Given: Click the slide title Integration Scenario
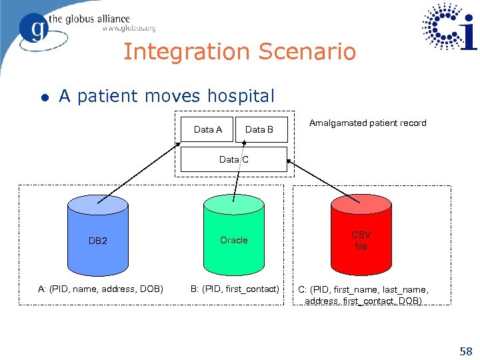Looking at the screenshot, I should point(239,52).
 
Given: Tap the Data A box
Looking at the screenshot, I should point(207,129).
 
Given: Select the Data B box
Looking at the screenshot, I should point(259,129).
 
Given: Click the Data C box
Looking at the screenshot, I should point(234,159).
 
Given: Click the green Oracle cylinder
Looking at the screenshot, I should point(233,237).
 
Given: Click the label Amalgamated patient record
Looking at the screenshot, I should point(368,123).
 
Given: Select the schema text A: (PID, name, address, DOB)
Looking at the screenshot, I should point(100,289).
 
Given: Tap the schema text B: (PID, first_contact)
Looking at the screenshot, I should point(235,289).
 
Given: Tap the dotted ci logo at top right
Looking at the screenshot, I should point(449,28).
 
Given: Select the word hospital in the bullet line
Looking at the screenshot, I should point(243,96).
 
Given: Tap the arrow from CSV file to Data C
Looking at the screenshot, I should point(323,181).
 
